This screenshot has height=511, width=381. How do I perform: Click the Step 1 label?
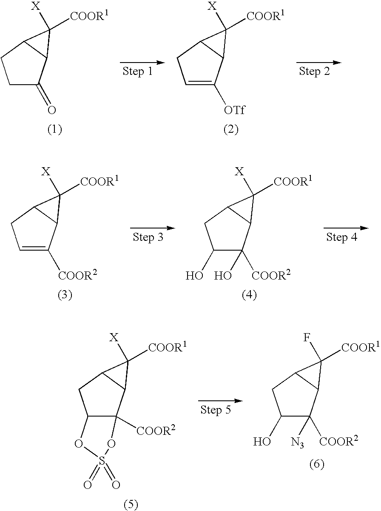click(137, 71)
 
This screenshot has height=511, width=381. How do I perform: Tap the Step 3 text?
click(148, 237)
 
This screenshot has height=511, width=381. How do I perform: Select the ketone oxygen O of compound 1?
click(51, 110)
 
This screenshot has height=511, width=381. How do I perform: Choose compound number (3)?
click(65, 295)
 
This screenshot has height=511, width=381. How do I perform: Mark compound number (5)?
click(131, 505)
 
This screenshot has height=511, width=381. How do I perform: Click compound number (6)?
click(316, 463)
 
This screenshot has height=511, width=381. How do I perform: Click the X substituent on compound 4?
click(240, 171)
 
